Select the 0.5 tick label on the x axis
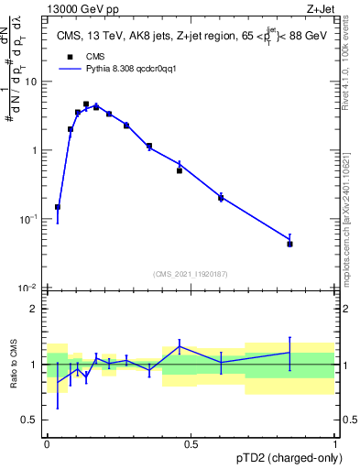[x=191, y=443]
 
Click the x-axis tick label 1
[x=335, y=443]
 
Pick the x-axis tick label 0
[x=47, y=443]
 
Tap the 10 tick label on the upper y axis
[x=31, y=82]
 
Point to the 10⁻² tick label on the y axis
[x=28, y=288]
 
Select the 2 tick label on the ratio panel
[x=35, y=309]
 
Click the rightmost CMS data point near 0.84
[x=289, y=244]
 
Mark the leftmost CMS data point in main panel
[x=58, y=207]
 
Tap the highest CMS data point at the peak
[x=86, y=104]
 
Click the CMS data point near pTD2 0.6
[x=221, y=198]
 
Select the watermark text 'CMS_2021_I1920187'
[x=191, y=273]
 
